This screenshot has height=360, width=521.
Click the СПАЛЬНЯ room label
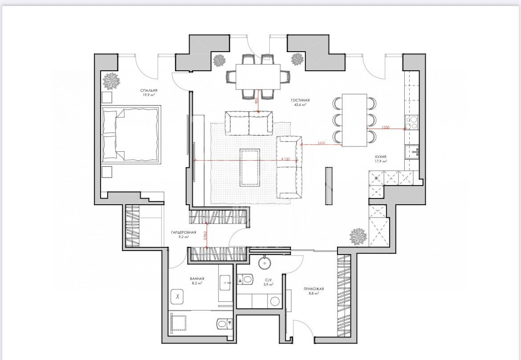coord(149,90)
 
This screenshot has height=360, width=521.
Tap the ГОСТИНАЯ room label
coord(300,100)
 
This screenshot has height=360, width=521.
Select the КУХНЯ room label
coord(380,157)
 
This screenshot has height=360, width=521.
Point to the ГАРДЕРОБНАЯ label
coord(183,232)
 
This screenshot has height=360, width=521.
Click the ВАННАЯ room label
coord(197,279)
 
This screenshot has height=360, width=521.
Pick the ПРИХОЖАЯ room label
coord(313,289)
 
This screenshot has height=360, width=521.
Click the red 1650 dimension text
coord(321,143)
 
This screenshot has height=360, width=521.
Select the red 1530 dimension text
coord(385,127)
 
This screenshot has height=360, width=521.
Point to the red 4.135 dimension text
coord(285,159)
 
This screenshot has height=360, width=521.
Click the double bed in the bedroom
coord(130,134)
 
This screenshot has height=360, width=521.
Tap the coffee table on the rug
coord(250,168)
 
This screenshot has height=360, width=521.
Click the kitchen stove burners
coord(411,122)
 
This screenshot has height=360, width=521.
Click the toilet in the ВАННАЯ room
coord(224,323)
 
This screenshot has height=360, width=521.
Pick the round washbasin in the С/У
coord(265,263)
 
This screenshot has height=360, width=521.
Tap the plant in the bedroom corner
coord(110,81)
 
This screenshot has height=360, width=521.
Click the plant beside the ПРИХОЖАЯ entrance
coord(358,236)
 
